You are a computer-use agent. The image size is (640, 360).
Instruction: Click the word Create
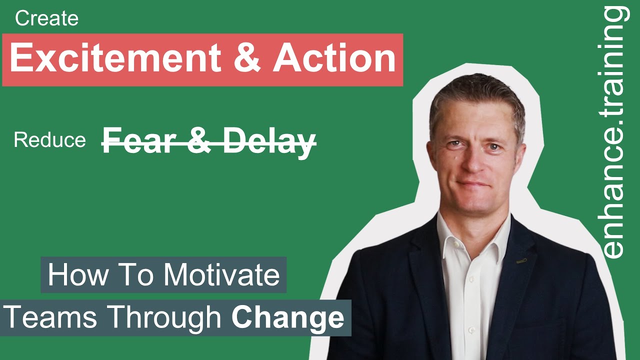tap(46, 19)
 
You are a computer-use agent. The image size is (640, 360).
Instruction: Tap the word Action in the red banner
tap(334, 58)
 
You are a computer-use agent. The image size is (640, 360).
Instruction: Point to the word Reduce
tap(49, 140)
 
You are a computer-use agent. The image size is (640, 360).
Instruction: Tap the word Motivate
tap(222, 275)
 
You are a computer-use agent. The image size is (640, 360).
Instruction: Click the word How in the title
tap(72, 275)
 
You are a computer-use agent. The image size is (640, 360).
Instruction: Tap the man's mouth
tap(473, 184)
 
